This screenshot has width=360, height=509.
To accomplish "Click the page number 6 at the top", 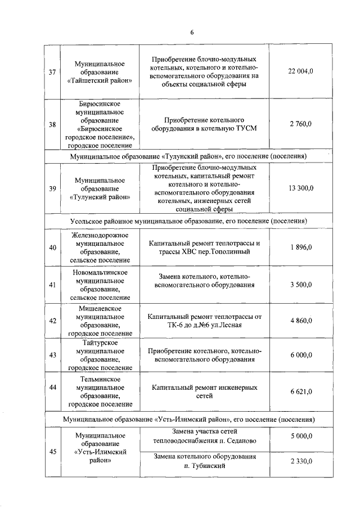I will click(x=191, y=32).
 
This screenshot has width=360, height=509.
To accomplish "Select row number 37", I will click(x=52, y=72).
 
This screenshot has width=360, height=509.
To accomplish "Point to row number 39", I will click(x=52, y=188).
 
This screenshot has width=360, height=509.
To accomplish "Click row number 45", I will click(x=52, y=448).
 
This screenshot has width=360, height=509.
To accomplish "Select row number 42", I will click(x=52, y=321).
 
